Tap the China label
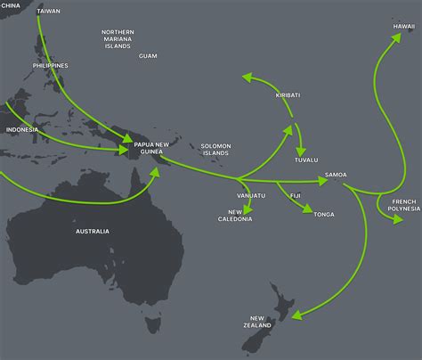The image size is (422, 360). click(x=11, y=4)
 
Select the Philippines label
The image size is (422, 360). click(x=50, y=65)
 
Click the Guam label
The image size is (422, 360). click(x=148, y=56)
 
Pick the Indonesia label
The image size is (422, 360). click(x=22, y=129)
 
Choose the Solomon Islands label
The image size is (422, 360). click(x=215, y=150)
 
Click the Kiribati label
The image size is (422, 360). click(x=288, y=94)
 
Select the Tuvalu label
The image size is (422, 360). click(x=305, y=160)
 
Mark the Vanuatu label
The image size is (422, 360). click(x=251, y=194)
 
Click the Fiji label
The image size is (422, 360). click(x=296, y=194)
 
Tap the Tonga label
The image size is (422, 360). click(x=324, y=214)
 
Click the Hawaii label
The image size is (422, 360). click(x=403, y=27)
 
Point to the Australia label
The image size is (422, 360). click(x=92, y=232)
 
